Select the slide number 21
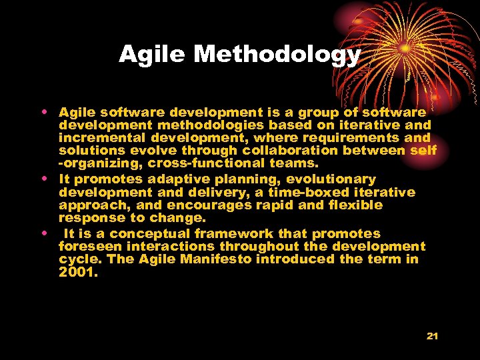[x=432, y=336]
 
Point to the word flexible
[x=351, y=205]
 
